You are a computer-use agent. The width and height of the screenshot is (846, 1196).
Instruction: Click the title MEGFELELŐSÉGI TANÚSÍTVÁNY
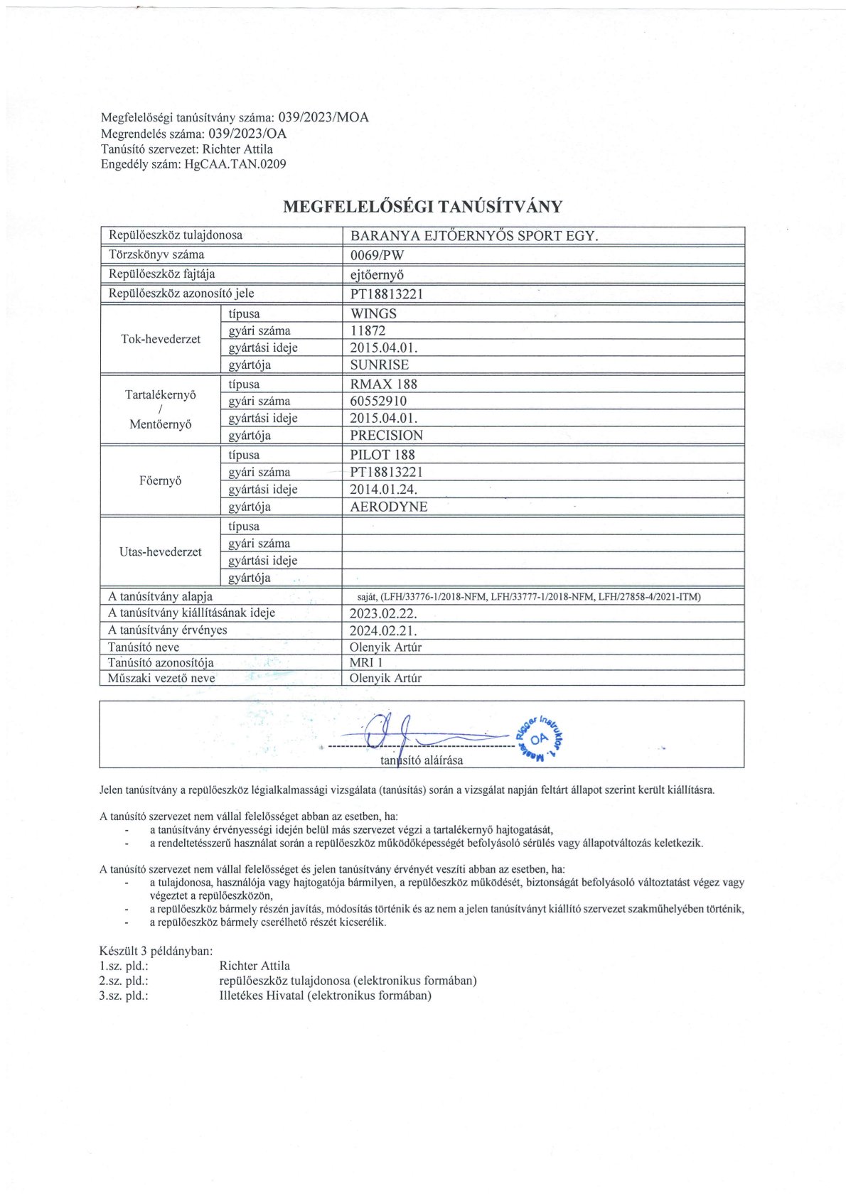point(422,207)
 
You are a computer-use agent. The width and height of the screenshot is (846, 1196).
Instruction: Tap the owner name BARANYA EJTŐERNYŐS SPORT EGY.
point(474,236)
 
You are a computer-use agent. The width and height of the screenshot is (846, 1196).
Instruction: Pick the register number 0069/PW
point(377,255)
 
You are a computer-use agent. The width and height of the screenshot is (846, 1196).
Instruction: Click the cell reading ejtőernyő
point(377,274)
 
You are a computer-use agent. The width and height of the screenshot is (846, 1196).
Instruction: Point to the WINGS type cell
point(373,313)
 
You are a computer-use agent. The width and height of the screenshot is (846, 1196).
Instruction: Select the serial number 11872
point(368,330)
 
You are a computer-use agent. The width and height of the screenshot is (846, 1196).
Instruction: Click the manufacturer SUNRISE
point(380,365)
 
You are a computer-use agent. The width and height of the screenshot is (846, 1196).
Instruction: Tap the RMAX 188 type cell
point(384,384)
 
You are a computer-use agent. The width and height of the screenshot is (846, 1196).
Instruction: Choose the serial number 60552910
point(378,401)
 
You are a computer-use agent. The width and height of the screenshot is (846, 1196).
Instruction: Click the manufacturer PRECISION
point(386,436)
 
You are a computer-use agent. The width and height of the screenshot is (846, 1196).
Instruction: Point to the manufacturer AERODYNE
point(389,507)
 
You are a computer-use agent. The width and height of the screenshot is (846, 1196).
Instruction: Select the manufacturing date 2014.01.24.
point(383,490)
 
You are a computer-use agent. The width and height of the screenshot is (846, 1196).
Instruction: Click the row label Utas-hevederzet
point(161,552)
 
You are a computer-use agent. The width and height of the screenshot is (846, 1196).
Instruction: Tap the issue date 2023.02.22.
point(382,613)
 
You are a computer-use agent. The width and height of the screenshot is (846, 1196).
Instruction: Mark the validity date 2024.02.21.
point(382,630)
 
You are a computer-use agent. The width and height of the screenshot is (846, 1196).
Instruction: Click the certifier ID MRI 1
point(366,662)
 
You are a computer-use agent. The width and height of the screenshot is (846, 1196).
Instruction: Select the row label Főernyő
point(161,481)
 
